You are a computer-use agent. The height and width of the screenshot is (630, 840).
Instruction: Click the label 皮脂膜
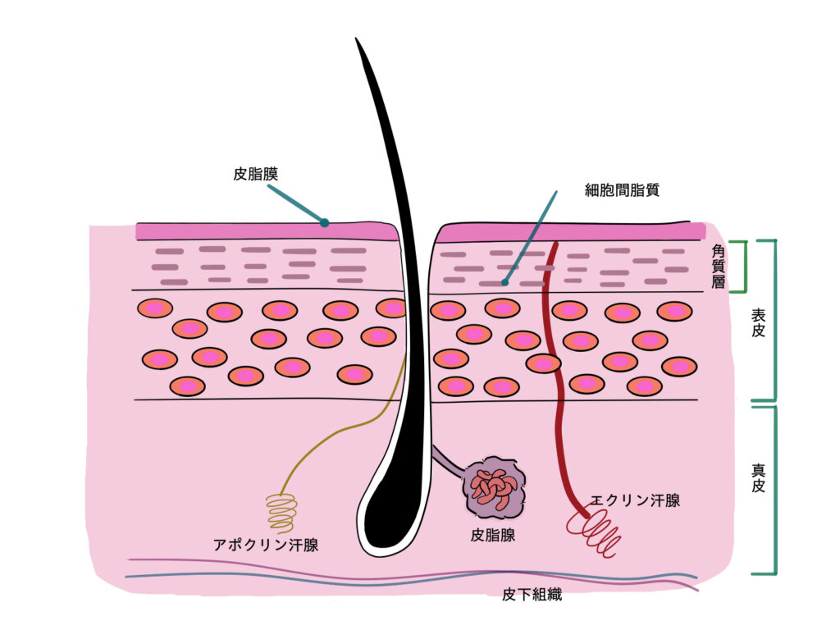coord(256,174)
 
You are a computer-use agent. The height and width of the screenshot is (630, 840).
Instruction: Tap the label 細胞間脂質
coord(622,190)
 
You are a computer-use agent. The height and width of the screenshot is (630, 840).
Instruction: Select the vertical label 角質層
coord(718,267)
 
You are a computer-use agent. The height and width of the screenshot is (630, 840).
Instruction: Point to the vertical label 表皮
coord(758,322)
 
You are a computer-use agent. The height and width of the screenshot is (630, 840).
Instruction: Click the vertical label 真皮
coord(758,478)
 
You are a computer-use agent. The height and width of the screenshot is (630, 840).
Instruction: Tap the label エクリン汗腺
coord(636,500)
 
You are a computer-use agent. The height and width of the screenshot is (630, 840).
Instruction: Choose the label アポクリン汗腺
coord(266,545)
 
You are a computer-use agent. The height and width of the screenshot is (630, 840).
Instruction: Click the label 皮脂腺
coord(493,535)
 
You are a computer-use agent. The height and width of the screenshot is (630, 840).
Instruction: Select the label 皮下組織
coord(532,594)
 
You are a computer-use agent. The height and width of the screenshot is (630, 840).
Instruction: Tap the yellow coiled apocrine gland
coord(282,514)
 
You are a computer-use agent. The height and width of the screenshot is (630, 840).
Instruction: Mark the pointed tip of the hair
coord(356,39)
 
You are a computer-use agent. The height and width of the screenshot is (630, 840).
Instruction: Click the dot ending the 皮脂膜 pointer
coord(324,222)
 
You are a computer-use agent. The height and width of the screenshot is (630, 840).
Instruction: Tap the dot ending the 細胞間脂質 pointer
coord(504,282)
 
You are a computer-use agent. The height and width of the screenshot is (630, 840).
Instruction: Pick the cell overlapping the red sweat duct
coord(543,363)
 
